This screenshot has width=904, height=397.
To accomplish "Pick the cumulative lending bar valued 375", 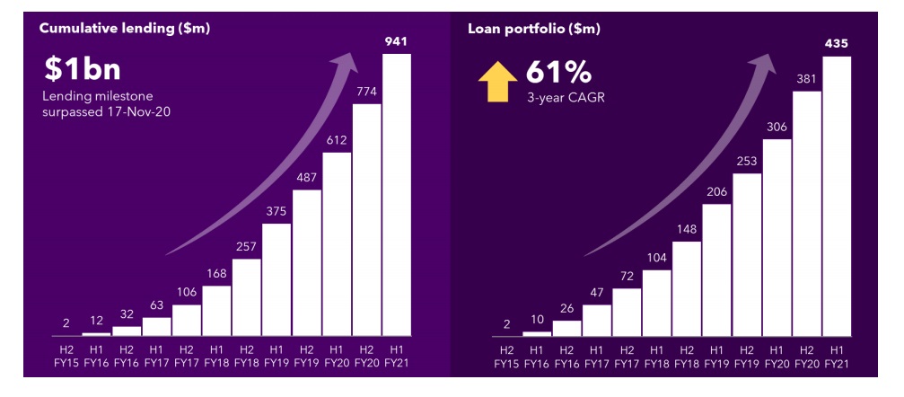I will tap(276, 278).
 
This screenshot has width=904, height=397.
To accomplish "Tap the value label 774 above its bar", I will tap(366, 92).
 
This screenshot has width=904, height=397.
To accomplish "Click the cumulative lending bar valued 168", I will tap(216, 310).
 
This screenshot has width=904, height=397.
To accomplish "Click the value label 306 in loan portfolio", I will tap(777, 127).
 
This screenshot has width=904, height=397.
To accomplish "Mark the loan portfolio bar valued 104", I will tap(656, 302).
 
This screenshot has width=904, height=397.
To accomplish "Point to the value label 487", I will tap(306, 177).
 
